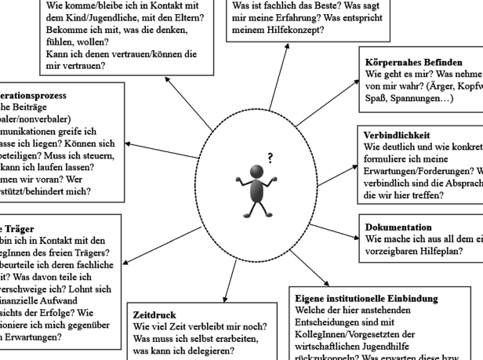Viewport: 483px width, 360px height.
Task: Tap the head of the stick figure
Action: [256, 172]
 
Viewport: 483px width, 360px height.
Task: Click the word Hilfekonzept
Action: [294, 31]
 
